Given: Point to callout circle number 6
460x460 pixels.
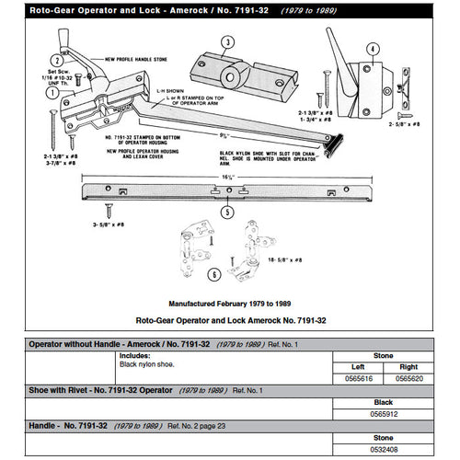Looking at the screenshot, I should pyautogui.click(x=213, y=273).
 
